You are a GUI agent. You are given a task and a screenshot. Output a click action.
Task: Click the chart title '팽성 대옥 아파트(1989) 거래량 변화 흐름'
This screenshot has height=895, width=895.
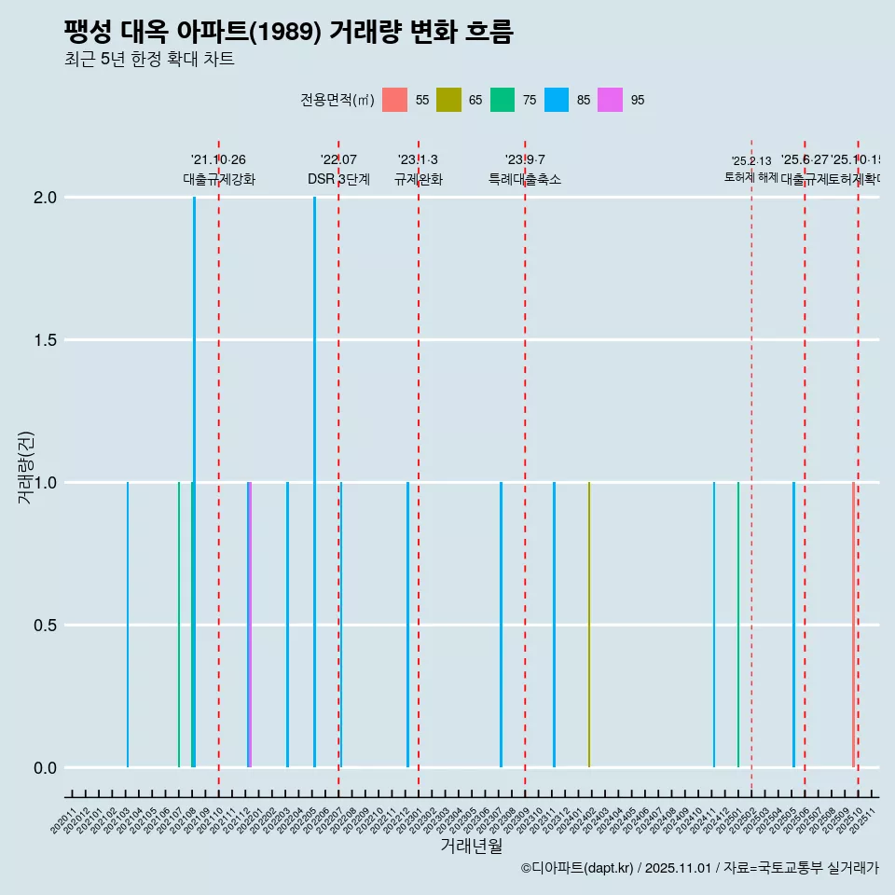click(x=288, y=32)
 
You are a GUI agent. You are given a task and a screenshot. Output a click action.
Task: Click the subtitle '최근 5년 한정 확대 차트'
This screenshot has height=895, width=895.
click(x=148, y=60)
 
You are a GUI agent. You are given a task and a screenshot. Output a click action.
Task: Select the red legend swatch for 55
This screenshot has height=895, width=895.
click(x=394, y=100)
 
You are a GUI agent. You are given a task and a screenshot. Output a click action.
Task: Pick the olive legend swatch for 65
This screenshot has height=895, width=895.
click(x=448, y=100)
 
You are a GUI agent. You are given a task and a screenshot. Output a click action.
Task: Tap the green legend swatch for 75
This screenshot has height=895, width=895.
click(x=503, y=100)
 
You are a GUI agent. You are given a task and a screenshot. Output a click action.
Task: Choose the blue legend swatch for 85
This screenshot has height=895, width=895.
click(x=557, y=100)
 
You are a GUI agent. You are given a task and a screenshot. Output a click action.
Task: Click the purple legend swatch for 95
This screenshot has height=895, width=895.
click(x=611, y=100)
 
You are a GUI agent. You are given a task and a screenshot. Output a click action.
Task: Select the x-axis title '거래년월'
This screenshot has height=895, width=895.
click(x=471, y=847)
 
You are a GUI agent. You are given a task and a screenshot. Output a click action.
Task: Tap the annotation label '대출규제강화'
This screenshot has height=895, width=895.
click(x=219, y=179)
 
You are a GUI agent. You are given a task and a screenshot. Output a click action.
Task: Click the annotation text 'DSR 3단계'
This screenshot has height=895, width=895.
click(x=338, y=179)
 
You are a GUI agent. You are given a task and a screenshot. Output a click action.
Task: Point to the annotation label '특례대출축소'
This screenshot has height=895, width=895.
click(x=525, y=179)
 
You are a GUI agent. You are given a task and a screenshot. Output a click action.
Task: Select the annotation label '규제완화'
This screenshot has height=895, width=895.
click(x=419, y=179)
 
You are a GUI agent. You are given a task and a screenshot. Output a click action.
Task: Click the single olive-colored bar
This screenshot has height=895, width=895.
click(x=588, y=625)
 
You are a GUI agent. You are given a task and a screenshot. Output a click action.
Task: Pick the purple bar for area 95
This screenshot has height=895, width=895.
click(x=251, y=625)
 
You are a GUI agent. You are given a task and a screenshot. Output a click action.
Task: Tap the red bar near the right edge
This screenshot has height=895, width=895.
click(x=852, y=625)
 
